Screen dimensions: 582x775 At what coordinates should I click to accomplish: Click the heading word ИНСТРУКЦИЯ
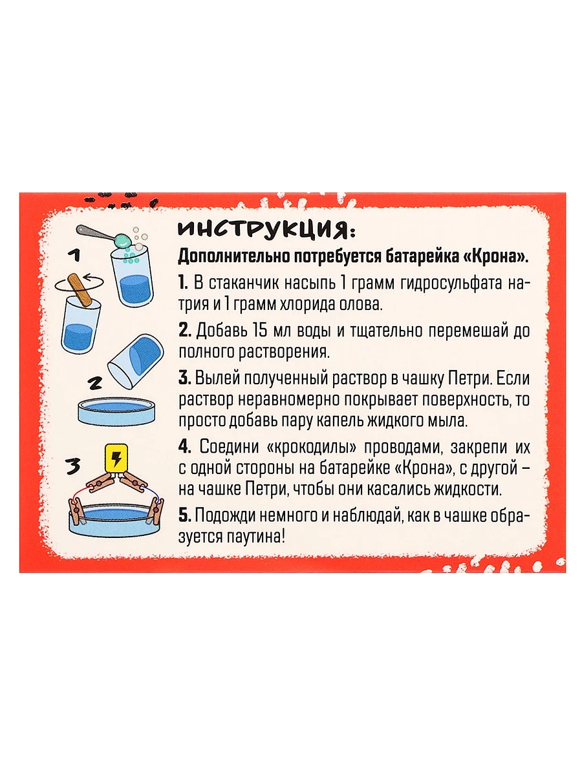(x=265, y=230)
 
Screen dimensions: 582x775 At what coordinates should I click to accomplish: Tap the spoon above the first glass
(x=104, y=236)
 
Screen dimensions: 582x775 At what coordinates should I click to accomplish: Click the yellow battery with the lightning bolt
(x=116, y=459)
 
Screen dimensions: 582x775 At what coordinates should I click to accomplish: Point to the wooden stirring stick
(x=81, y=291)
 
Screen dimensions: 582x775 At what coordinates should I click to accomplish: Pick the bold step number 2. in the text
(x=185, y=331)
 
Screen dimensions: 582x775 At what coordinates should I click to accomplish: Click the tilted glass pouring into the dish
(x=136, y=360)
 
